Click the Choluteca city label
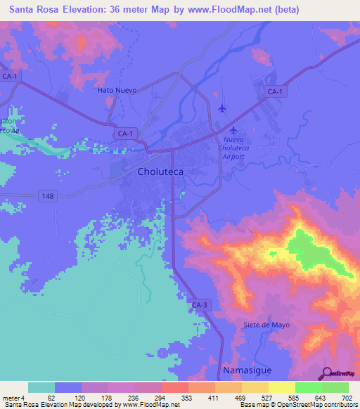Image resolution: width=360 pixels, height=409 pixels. (x=162, y=171)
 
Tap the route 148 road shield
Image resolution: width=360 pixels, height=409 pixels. (x=47, y=194)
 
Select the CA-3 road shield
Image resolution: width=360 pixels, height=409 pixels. (x=199, y=304)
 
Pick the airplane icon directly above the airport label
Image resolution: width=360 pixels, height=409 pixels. (x=233, y=130)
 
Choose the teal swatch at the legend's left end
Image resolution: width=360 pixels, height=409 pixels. (x=41, y=387)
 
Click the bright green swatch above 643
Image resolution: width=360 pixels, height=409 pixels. (x=308, y=387)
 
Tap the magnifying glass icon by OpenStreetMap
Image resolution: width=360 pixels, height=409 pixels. (x=327, y=373)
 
